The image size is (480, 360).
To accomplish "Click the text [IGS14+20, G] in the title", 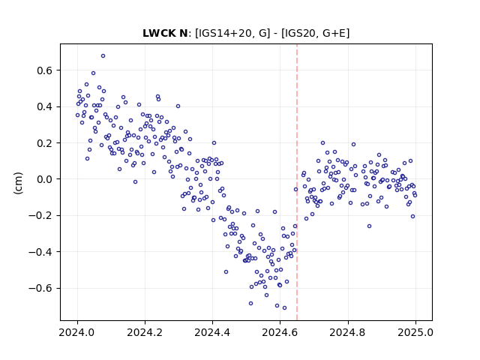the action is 232,33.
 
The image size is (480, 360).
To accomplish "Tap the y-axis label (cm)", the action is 18,183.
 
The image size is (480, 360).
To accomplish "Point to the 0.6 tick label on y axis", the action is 45,70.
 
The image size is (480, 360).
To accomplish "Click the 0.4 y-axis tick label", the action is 45,106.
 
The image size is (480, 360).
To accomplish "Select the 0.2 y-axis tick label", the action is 45,143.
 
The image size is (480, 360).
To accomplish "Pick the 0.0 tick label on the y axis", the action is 45,179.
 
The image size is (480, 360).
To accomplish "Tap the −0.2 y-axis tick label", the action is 40,215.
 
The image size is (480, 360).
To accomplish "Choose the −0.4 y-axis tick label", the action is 40,252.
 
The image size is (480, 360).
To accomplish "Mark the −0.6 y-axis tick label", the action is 40,288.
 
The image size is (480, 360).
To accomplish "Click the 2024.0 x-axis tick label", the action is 77,332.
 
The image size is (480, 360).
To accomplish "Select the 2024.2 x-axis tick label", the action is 145,332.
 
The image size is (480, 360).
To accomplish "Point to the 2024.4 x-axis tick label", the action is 212,332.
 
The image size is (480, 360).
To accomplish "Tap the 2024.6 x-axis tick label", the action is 280,332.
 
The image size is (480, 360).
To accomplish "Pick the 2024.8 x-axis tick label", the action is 348,332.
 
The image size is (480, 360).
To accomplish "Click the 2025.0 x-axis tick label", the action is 415,332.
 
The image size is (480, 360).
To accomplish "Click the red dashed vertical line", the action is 297,182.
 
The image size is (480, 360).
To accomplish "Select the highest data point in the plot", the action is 103,56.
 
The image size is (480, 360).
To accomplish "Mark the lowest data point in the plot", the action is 284,307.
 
